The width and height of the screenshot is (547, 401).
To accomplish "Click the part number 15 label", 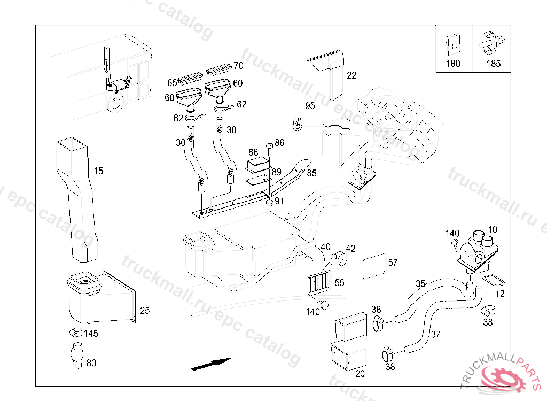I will [98, 171].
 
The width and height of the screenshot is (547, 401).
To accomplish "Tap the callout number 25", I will [145, 310].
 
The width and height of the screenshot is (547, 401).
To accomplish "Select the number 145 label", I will [91, 334].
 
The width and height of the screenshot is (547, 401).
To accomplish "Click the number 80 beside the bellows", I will [91, 364].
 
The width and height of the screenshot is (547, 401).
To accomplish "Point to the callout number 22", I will [351, 75].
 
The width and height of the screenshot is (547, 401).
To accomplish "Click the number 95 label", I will [310, 106].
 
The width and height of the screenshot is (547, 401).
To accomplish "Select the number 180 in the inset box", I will [453, 64].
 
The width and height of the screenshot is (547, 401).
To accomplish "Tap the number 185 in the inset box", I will [494, 64].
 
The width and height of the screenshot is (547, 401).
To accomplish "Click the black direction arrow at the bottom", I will [212, 364].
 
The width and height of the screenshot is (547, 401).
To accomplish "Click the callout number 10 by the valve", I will [493, 229].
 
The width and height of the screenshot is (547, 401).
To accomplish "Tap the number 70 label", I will [238, 66].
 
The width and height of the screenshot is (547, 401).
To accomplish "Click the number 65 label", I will [172, 83].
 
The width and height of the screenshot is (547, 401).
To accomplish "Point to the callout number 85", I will [312, 173].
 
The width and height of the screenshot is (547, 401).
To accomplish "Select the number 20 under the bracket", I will [360, 374].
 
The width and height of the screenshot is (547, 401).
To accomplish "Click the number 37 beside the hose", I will [436, 335].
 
